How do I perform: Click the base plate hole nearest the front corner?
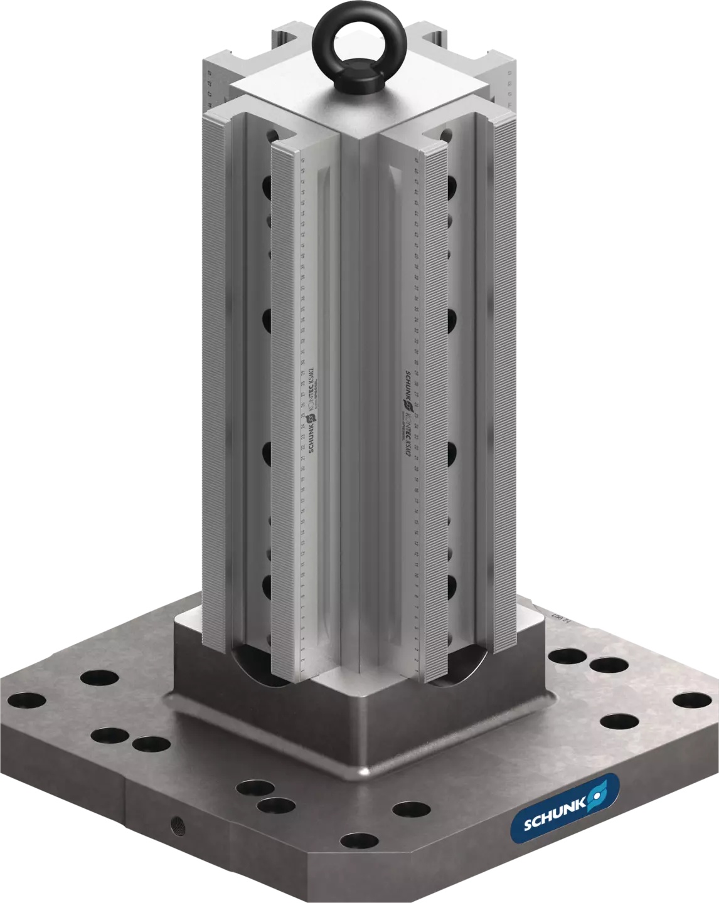pyautogui.click(x=359, y=839)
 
